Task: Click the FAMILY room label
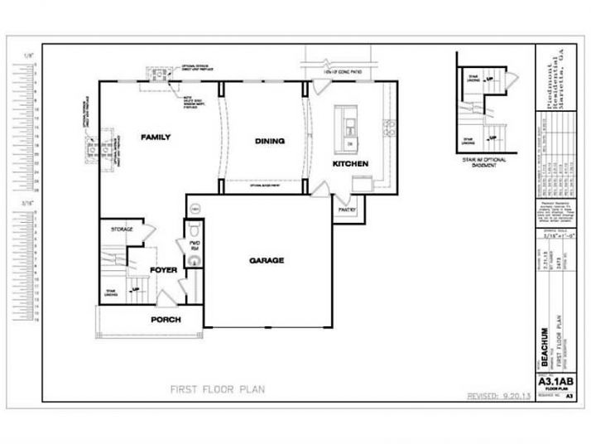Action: pyautogui.click(x=155, y=137)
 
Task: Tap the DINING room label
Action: pyautogui.click(x=269, y=141)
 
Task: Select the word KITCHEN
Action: pyautogui.click(x=350, y=164)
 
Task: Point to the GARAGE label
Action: pyautogui.click(x=267, y=260)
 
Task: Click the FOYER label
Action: pyautogui.click(x=163, y=270)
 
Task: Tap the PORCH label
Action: pyautogui.click(x=166, y=319)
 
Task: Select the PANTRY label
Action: pyautogui.click(x=346, y=210)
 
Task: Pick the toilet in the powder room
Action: pyautogui.click(x=193, y=232)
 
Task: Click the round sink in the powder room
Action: pyautogui.click(x=193, y=260)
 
